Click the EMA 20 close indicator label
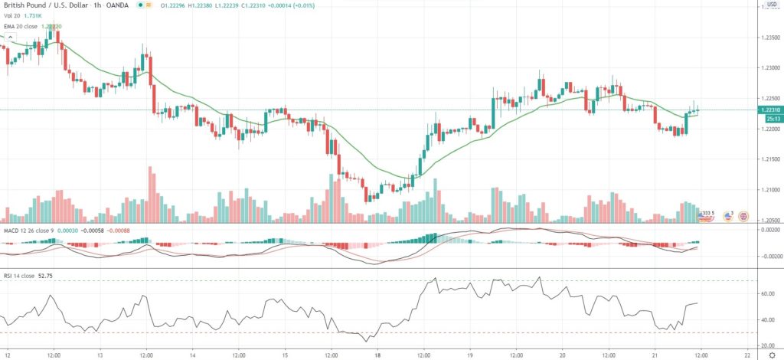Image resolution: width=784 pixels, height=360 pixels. (x=21, y=26)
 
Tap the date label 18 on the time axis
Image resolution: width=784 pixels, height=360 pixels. (x=377, y=355)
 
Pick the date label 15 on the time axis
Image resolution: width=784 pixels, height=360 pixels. (x=285, y=355)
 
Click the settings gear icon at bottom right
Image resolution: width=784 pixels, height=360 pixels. (x=772, y=355)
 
